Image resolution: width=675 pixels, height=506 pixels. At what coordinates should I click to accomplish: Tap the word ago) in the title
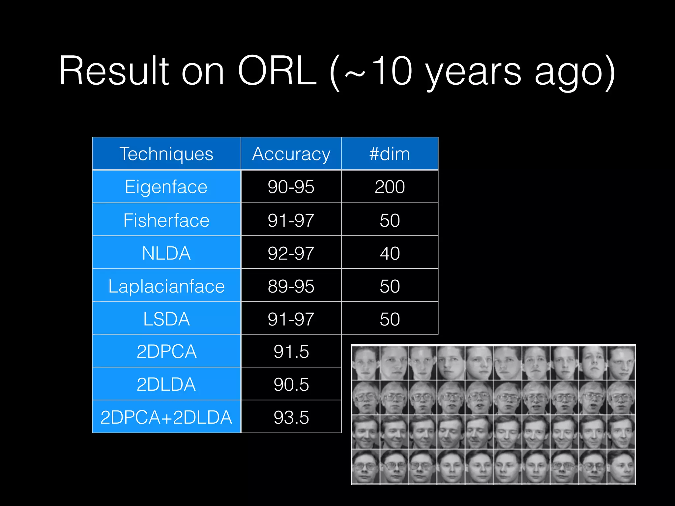click(x=574, y=72)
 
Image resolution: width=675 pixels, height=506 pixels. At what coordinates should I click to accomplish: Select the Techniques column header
click(x=166, y=154)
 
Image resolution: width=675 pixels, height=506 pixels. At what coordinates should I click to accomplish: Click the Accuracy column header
click(x=291, y=154)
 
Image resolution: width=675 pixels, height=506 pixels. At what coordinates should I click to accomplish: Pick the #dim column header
click(x=390, y=154)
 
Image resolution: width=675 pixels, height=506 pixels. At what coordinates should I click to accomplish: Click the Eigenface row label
click(x=166, y=187)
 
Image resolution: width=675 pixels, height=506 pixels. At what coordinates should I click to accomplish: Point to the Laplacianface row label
click(x=166, y=286)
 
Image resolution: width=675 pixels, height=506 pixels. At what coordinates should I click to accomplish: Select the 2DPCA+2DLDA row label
click(x=166, y=417)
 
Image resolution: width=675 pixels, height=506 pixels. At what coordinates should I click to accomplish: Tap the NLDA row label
click(x=166, y=253)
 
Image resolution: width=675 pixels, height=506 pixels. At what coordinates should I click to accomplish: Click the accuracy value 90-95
click(x=291, y=187)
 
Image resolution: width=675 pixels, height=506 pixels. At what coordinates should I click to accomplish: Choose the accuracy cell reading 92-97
click(x=291, y=253)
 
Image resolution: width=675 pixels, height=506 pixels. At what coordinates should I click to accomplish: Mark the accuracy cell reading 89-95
click(x=291, y=286)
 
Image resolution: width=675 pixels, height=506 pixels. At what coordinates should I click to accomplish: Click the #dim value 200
click(x=390, y=187)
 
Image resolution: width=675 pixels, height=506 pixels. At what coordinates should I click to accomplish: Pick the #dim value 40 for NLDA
click(x=390, y=253)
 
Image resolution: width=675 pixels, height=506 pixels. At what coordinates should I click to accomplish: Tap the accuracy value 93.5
click(x=291, y=417)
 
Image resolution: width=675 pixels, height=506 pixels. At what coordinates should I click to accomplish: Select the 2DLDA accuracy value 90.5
click(x=291, y=384)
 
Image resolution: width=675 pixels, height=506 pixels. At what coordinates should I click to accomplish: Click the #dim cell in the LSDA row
click(x=390, y=319)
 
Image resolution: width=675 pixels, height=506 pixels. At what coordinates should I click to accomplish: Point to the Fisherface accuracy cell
click(x=291, y=220)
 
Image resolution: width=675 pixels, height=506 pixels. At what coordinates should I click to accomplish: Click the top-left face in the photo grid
click(x=366, y=363)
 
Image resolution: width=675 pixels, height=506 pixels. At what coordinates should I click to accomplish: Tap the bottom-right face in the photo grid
click(x=621, y=466)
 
